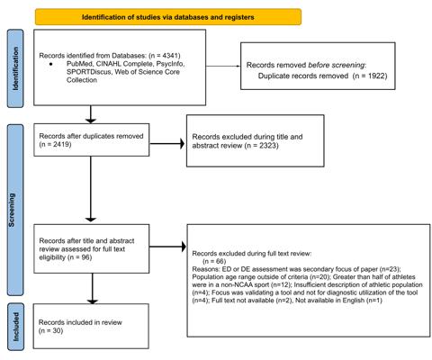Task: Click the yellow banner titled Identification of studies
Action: pyautogui.click(x=168, y=17)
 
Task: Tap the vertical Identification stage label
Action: pyautogui.click(x=15, y=68)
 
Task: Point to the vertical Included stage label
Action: pyautogui.click(x=15, y=327)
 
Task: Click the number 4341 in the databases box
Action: pyautogui.click(x=170, y=56)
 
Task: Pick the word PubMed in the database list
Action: pyautogui.click(x=78, y=64)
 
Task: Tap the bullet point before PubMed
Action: pyautogui.click(x=50, y=64)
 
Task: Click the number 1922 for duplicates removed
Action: pyautogui.click(x=376, y=76)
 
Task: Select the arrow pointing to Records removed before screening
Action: pyautogui.click(x=223, y=66)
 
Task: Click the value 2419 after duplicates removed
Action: pyautogui.click(x=61, y=144)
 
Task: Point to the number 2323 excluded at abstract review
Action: pyautogui.click(x=268, y=146)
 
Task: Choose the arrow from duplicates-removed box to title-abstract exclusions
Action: pyautogui.click(x=166, y=144)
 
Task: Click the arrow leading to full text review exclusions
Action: pyautogui.click(x=167, y=247)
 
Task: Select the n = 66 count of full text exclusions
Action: pyautogui.click(x=214, y=261)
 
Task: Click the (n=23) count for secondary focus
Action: pyautogui.click(x=390, y=269)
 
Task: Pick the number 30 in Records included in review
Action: pyautogui.click(x=57, y=331)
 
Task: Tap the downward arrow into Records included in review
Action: pyautogui.click(x=92, y=288)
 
